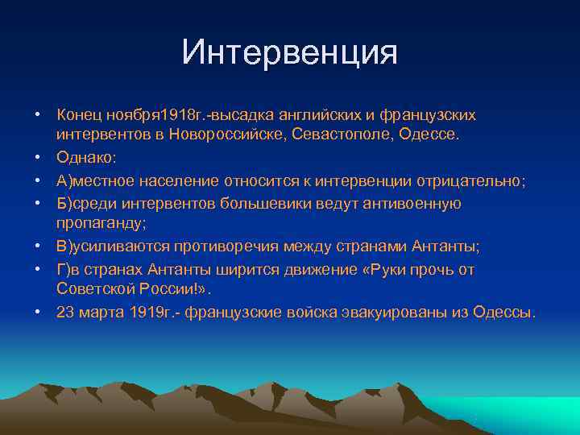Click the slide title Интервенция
(x=290, y=52)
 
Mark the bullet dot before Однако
(x=37, y=157)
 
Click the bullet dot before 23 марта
(x=37, y=311)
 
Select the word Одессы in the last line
(x=507, y=311)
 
